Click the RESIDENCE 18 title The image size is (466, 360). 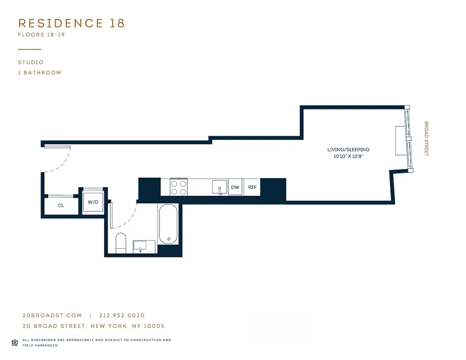pos(71,23)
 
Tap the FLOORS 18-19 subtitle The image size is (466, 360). pos(41,35)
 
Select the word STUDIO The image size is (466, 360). pos(31,62)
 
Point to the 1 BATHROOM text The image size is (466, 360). pos(40,72)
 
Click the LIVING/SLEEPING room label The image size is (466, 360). pos(348,150)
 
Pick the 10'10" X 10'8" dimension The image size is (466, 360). pos(348,157)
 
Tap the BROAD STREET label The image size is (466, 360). pos(426,139)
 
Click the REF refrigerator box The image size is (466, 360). pos(252,187)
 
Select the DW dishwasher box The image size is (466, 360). pos(235,187)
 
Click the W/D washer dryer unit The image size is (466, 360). pos(93,202)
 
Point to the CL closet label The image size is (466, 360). pos(61,205)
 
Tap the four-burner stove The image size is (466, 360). pos(178,187)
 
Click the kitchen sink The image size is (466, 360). pos(219,187)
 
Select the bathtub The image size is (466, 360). pos(168,224)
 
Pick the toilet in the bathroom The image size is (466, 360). pos(121,243)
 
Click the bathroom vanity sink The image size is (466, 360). pos(140,246)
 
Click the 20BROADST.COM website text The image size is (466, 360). pos(52,316)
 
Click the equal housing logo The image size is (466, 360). pos(14,342)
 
